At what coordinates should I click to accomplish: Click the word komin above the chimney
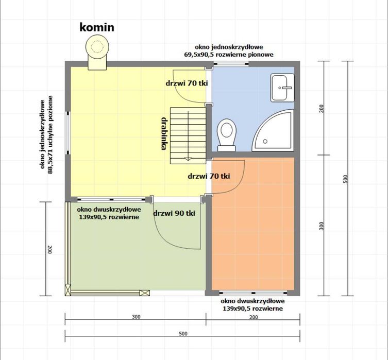[x=97, y=27]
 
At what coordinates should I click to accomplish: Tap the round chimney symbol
[x=97, y=46]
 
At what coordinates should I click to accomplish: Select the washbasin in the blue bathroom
[x=282, y=88]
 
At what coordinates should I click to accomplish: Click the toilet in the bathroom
[x=226, y=135]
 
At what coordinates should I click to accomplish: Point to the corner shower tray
[x=273, y=130]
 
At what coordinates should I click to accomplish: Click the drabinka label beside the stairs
[x=163, y=133]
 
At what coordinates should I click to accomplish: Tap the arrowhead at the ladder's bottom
[x=188, y=159]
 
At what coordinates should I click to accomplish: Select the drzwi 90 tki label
[x=174, y=213]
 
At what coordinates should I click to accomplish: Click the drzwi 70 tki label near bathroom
[x=187, y=83]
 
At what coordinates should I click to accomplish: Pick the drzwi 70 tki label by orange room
[x=209, y=176]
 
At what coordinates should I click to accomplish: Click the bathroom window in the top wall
[x=231, y=64]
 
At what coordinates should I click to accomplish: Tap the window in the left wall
[x=68, y=133]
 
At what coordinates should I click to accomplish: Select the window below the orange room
[x=254, y=293]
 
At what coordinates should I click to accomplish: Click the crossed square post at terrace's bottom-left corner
[x=68, y=290]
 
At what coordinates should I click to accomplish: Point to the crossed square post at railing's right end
[x=144, y=293]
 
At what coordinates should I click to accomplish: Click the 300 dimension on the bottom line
[x=136, y=317]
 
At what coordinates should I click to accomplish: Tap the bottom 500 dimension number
[x=183, y=334]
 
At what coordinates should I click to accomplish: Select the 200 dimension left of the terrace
[x=49, y=249]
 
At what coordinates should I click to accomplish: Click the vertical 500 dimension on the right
[x=346, y=179]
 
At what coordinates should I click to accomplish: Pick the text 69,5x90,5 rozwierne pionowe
[x=229, y=55]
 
